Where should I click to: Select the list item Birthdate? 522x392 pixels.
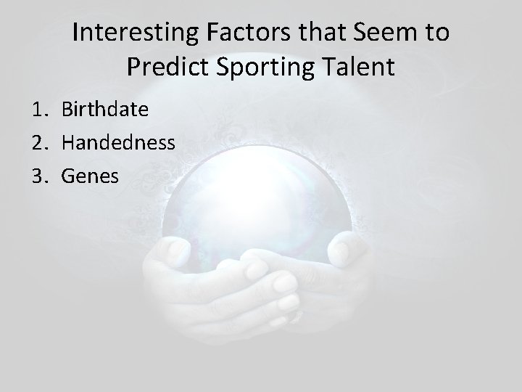click(105, 110)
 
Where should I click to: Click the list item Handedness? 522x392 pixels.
click(118, 142)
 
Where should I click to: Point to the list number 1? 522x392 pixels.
click(38, 110)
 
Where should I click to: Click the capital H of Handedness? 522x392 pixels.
click(69, 142)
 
